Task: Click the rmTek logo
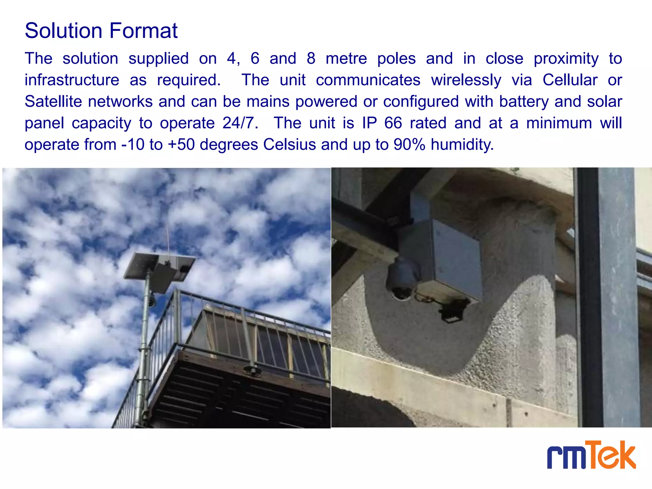[x=591, y=455]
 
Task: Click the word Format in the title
[x=143, y=31]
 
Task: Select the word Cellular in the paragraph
[x=570, y=80]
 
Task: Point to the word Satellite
[x=53, y=102]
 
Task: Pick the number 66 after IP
[x=393, y=123]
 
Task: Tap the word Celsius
[x=290, y=145]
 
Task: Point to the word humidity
[x=462, y=145]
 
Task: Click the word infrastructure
[x=72, y=80]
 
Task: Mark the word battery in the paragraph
[x=524, y=102]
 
